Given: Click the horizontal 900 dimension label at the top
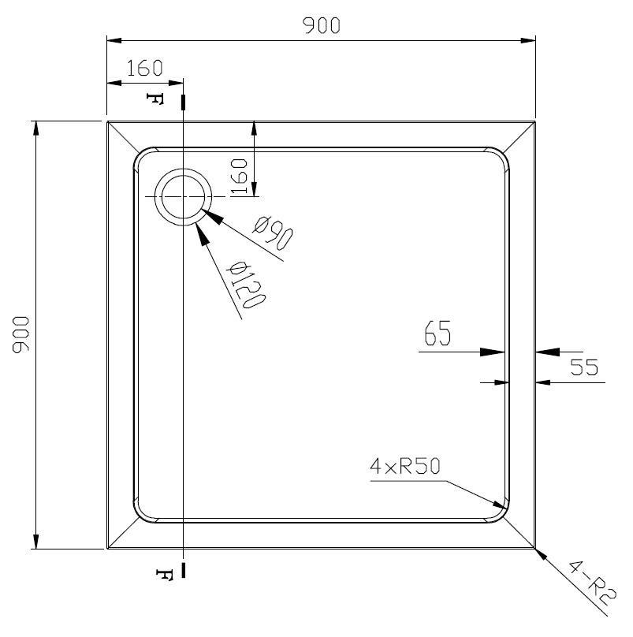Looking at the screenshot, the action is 321,25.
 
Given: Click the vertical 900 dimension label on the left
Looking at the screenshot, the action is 21,335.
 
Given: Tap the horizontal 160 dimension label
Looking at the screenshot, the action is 144,68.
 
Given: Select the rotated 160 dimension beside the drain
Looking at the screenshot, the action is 239,177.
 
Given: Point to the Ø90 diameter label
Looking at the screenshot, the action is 273,233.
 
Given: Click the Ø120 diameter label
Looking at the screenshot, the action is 246,285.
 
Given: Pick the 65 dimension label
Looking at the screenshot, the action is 438,333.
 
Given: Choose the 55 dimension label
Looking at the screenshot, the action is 584,367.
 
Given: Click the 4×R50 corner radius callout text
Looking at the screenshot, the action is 405,466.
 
